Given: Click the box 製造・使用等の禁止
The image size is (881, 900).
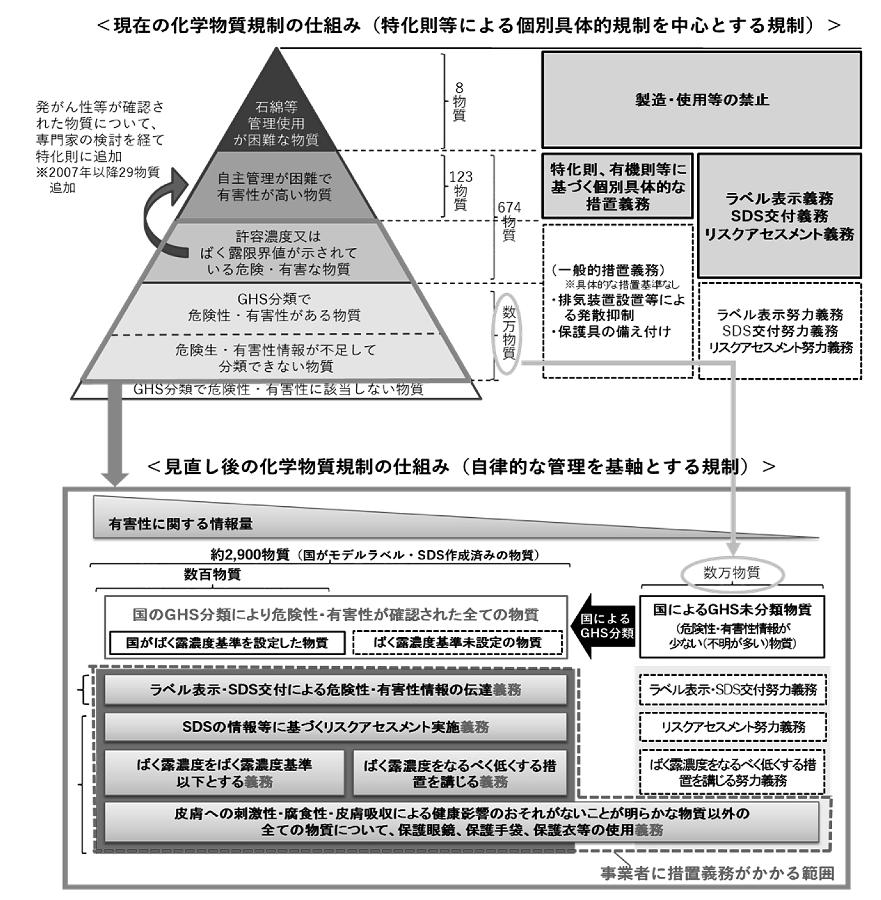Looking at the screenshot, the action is (701, 100).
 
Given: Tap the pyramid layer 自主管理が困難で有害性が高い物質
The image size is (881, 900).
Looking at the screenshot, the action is (276, 186).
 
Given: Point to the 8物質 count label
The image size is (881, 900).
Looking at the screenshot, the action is (459, 101).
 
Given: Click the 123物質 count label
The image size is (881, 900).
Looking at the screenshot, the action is (461, 191).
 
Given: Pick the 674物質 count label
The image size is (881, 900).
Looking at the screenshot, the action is (509, 221).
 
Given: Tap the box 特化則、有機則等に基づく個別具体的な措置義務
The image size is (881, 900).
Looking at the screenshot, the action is (618, 186).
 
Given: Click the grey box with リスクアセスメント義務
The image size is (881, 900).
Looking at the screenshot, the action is (779, 216).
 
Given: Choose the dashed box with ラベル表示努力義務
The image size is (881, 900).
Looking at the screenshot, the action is (780, 331).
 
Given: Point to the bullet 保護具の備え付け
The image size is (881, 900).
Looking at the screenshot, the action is (611, 332).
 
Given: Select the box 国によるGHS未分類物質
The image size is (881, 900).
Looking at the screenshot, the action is (732, 626).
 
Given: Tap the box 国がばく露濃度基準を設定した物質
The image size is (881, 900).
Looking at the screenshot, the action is (227, 642).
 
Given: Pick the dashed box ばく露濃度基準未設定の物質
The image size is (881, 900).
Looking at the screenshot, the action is (458, 642).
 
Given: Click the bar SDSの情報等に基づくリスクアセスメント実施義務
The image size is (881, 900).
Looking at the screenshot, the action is (335, 727).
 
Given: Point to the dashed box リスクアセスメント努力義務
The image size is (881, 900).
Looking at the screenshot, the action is (733, 727).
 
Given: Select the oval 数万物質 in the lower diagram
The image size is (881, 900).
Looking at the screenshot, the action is (732, 573).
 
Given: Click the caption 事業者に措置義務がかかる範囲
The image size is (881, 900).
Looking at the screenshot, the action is (717, 873).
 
